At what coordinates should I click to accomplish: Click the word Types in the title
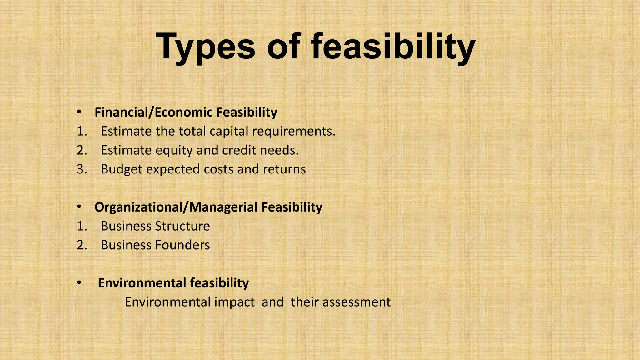coord(206,47)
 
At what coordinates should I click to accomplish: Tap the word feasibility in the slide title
coord(393,47)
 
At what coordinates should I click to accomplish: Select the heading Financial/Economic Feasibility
coord(186,112)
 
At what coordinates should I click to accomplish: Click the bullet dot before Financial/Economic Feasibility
coord(79,112)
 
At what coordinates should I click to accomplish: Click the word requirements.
coord(294,131)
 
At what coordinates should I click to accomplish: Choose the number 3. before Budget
coord(82,169)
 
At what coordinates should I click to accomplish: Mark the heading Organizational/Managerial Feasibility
coord(208,207)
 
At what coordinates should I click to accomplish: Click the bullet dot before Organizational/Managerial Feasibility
coord(79,207)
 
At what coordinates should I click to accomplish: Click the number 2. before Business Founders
coord(82,245)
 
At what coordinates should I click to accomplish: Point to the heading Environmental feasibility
coord(173,283)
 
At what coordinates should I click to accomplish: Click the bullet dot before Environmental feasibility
coord(79,283)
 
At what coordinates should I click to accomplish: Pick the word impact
coord(234,302)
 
